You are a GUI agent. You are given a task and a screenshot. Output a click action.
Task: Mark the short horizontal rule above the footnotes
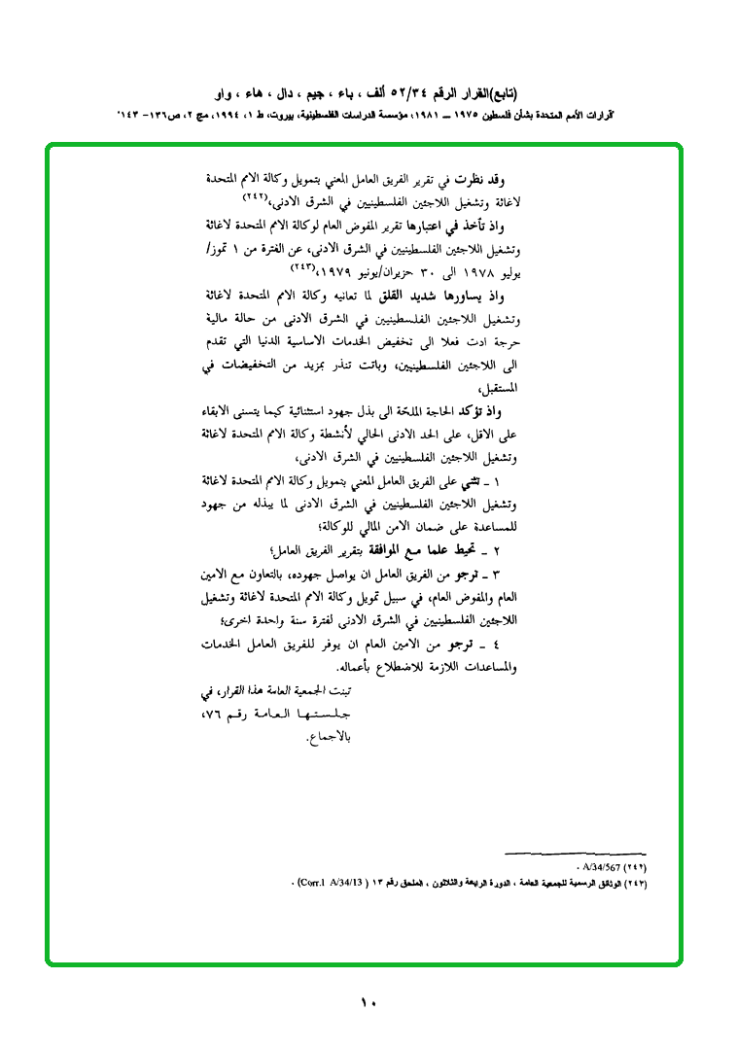click(x=575, y=853)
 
